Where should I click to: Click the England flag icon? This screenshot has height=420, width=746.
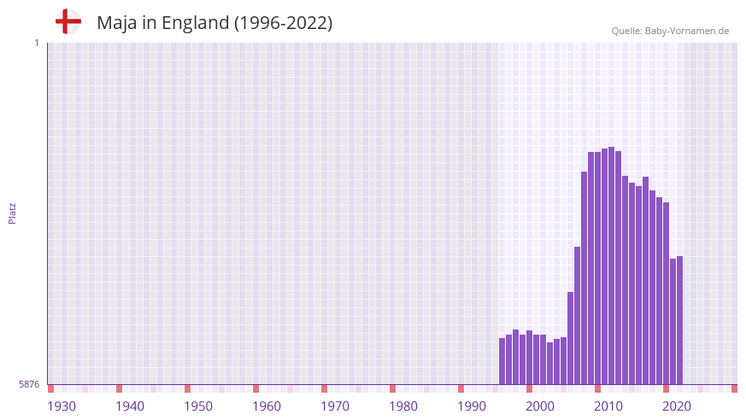pos(68,22)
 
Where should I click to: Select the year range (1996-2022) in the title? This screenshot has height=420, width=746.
pos(283,23)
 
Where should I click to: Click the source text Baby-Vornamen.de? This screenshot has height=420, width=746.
pos(688,31)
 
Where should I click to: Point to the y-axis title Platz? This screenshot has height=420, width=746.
pos(12,213)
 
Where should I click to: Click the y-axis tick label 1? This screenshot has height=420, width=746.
pos(36,43)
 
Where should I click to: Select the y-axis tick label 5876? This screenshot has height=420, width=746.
pos(29,385)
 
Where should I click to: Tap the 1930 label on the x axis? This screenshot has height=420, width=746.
pos(62,406)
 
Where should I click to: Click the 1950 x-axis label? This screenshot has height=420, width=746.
pos(198,406)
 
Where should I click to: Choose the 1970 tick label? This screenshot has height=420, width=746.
pos(335,406)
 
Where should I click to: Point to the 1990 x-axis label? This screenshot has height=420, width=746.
pos(472,406)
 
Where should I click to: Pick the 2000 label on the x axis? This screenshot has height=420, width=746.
pos(540,406)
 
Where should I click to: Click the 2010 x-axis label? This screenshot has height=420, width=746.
pos(608,406)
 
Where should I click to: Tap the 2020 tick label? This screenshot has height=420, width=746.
pos(677,406)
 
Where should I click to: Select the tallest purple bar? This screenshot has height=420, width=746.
pos(611,265)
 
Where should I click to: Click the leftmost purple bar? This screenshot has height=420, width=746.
pos(502,361)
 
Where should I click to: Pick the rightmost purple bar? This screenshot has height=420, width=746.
pos(679,320)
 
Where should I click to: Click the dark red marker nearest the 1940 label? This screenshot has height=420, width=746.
pos(119,388)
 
